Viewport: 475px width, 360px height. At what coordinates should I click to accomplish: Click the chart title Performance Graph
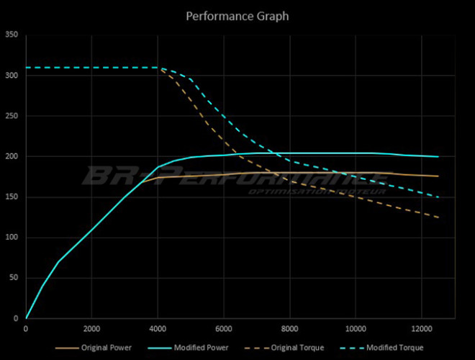[x=237, y=15]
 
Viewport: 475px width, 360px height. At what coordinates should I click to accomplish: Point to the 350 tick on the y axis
[x=12, y=35]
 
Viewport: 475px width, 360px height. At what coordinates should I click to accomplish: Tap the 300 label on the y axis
[x=12, y=76]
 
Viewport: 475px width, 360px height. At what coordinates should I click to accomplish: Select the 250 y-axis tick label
[x=12, y=116]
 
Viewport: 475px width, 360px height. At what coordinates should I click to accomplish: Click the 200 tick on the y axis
[x=12, y=156]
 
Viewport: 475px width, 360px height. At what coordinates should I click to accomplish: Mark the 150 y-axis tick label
[x=12, y=197]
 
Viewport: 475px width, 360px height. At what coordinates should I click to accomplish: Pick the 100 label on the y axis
[x=12, y=238]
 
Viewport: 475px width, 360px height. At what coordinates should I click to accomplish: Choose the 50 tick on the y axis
[x=14, y=278]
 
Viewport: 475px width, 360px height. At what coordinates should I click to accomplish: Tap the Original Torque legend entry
[x=297, y=348]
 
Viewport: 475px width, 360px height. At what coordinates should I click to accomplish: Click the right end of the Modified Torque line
[x=438, y=197]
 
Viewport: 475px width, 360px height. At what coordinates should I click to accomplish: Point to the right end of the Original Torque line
[x=438, y=217]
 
